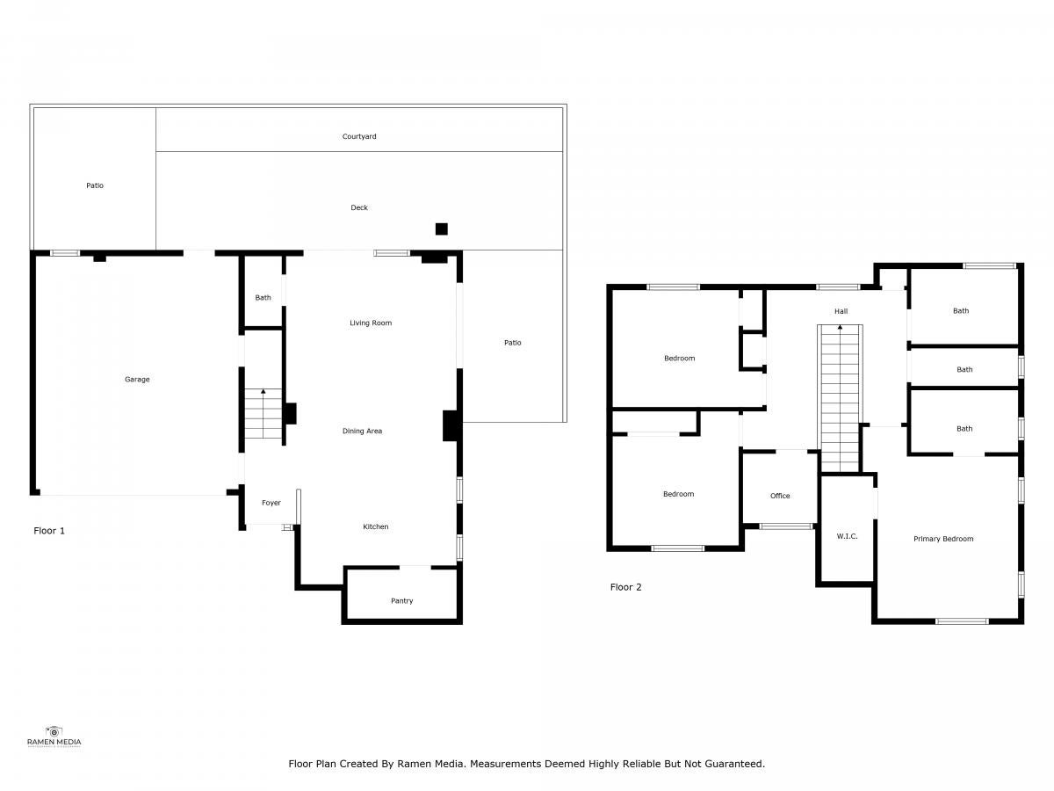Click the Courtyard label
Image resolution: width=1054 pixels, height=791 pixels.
(x=359, y=136)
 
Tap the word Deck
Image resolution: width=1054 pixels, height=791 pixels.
(x=359, y=207)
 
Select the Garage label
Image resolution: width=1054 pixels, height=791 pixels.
(x=137, y=380)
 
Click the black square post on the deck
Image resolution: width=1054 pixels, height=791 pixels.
(x=441, y=229)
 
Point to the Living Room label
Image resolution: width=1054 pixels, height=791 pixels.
(x=371, y=323)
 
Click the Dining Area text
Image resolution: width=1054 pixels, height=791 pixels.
(x=362, y=432)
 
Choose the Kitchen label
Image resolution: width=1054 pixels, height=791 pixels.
(x=376, y=526)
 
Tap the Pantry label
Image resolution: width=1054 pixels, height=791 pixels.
(x=402, y=601)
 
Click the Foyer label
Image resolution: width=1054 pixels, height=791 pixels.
(x=271, y=503)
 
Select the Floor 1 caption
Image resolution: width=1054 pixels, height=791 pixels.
(x=49, y=531)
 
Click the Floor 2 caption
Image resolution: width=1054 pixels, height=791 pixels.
(x=625, y=587)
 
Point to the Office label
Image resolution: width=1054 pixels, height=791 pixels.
(x=780, y=496)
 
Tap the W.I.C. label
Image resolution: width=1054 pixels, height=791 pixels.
(x=847, y=536)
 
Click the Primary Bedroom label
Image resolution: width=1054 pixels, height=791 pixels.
(x=943, y=539)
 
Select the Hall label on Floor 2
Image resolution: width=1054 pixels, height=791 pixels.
(x=841, y=311)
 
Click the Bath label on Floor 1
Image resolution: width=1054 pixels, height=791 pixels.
(x=263, y=298)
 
